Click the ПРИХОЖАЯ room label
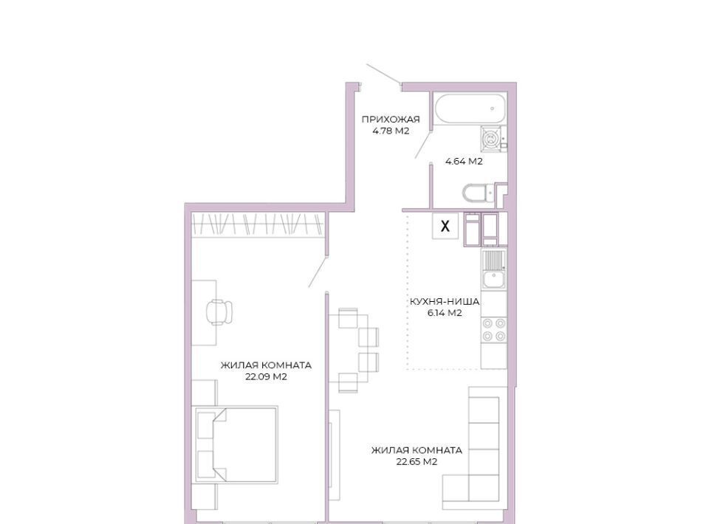coord(391,120)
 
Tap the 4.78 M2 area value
coord(391,131)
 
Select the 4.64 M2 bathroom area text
coord(464,162)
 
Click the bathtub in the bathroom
coord(469,108)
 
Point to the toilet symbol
coord(475,193)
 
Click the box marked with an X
coord(445,226)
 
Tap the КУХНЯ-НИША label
coord(445,301)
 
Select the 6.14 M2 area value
coord(445,313)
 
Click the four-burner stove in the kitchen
coord(494,330)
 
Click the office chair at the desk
coord(220,311)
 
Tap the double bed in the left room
coord(236,444)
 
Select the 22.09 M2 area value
coord(266,376)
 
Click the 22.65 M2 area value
coord(417,462)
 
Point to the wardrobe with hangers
coord(257,224)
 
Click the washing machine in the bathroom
coord(490,138)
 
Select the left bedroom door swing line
coord(318,272)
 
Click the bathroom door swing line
coord(422,142)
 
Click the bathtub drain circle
coord(493,108)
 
